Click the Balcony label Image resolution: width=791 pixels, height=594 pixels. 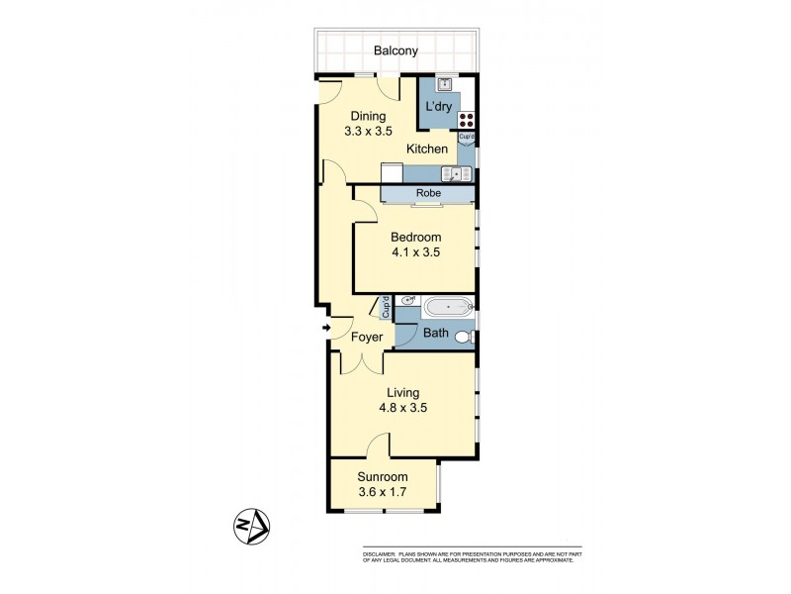(x=395, y=50)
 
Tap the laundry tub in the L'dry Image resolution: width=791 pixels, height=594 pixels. (x=445, y=85)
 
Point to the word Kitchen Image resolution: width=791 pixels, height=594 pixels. (x=427, y=149)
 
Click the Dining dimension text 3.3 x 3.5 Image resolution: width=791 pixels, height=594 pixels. (x=366, y=130)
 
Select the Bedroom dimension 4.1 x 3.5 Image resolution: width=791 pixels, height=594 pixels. (x=415, y=252)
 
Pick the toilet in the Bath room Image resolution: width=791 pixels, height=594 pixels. (x=465, y=338)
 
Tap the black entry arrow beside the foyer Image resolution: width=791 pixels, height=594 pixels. (x=325, y=328)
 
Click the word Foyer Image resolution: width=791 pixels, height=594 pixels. (x=367, y=338)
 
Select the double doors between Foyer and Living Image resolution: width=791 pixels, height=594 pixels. (x=362, y=364)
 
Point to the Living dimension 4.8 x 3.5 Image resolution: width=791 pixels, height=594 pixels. (x=402, y=407)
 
